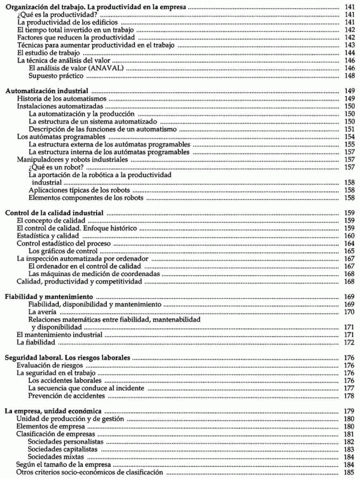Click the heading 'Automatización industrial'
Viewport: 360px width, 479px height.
coord(47,90)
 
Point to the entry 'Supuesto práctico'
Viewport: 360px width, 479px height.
coord(58,76)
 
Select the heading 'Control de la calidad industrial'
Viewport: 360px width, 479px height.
coord(55,213)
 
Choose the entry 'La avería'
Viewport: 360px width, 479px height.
coord(43,312)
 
